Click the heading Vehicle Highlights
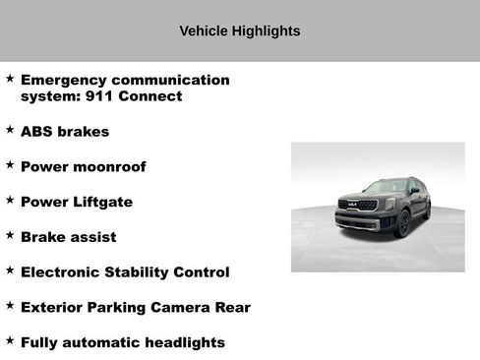coord(239,30)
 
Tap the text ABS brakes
coord(65,131)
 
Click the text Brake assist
coord(68,237)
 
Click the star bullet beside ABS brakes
coord(10,129)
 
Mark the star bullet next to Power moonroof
coord(10,164)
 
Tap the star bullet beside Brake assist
coord(10,235)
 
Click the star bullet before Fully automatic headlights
coord(10,340)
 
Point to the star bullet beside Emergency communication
coord(10,77)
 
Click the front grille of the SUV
coord(356,208)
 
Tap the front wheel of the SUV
coord(402,225)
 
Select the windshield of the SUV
coord(385,187)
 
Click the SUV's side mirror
coord(414,191)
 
